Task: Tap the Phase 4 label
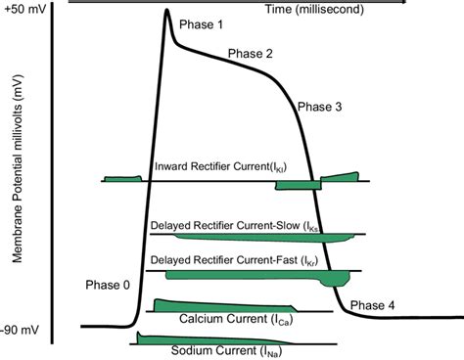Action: click(x=372, y=305)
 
